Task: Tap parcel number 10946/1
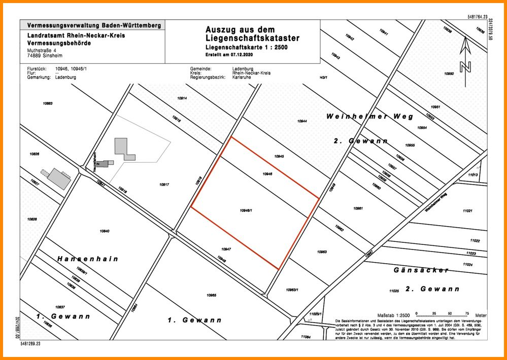pyautogui.click(x=246, y=210)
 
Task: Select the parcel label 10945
pyautogui.click(x=279, y=157)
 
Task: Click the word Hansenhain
pyautogui.click(x=88, y=259)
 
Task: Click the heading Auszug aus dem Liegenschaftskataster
pyautogui.click(x=252, y=34)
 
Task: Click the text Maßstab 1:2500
pyautogui.click(x=393, y=315)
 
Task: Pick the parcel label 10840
pyautogui.click(x=105, y=231)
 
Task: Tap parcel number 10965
pyautogui.click(x=212, y=295)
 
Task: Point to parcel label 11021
pyautogui.click(x=467, y=210)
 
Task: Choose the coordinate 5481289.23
pyautogui.click(x=31, y=344)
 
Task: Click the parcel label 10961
pyautogui.click(x=358, y=208)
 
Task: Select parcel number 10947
pyautogui.click(x=226, y=249)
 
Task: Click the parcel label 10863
pyautogui.click(x=48, y=103)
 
